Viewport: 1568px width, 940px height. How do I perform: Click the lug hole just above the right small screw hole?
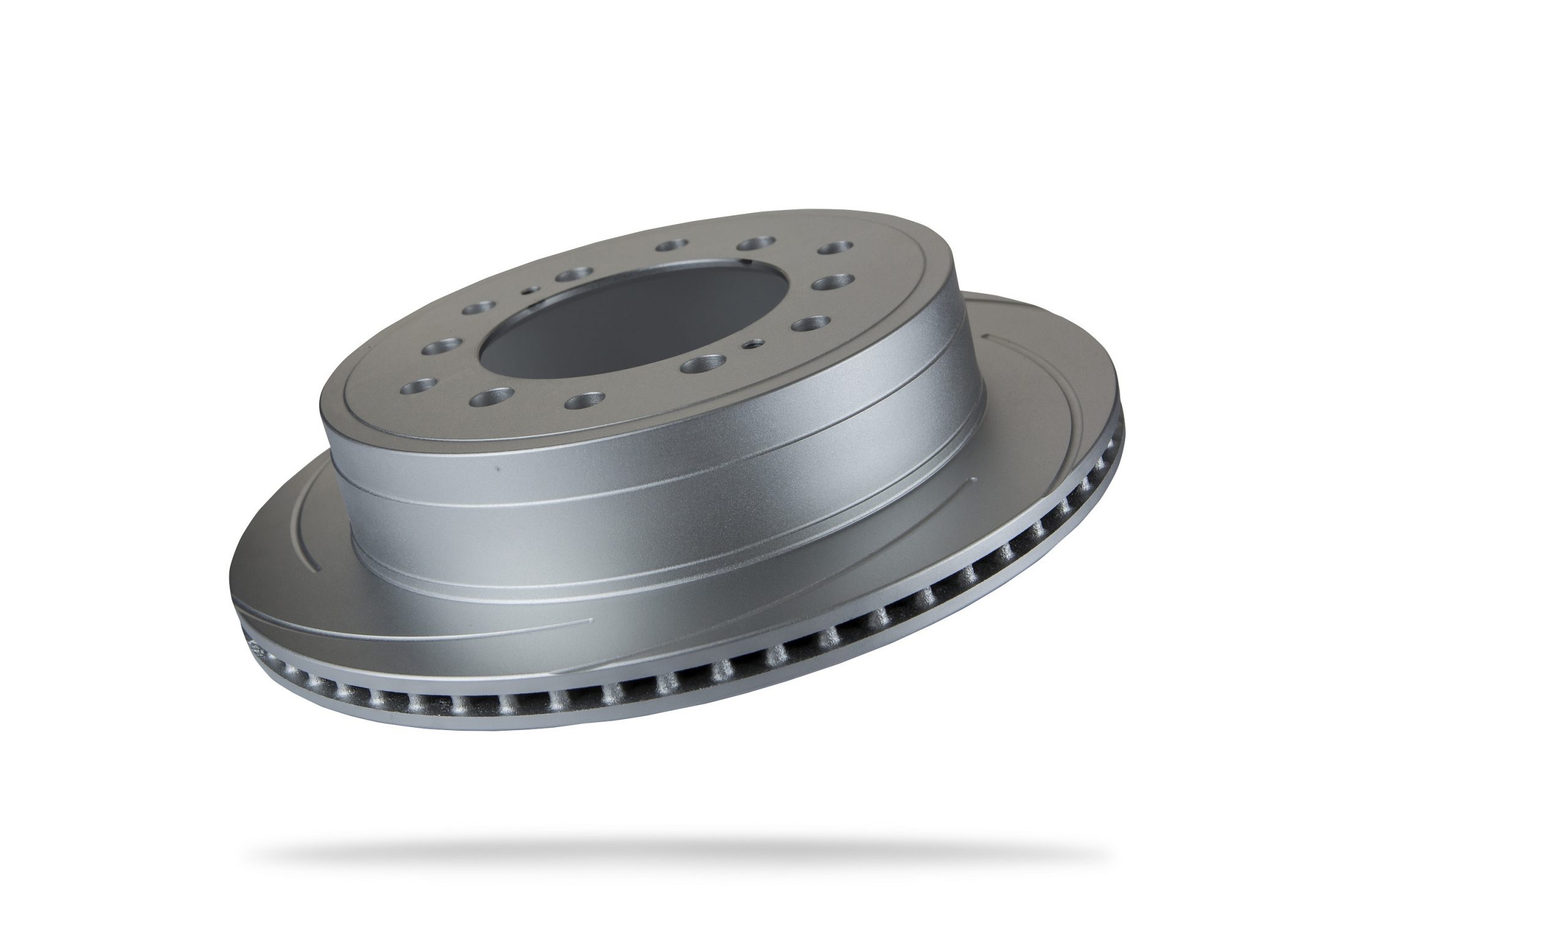[810, 324]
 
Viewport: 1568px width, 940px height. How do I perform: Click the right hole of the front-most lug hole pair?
[585, 400]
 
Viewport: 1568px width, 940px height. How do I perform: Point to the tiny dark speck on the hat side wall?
[497, 469]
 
